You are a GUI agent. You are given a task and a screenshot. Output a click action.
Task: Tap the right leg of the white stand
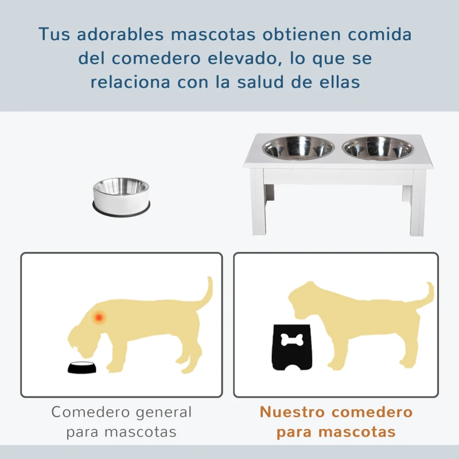coord(417,207)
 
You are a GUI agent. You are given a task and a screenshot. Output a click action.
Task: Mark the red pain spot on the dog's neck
coord(99,317)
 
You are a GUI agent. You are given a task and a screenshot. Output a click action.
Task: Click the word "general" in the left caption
coord(162,412)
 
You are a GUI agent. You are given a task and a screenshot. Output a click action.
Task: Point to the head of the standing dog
coord(310,298)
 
